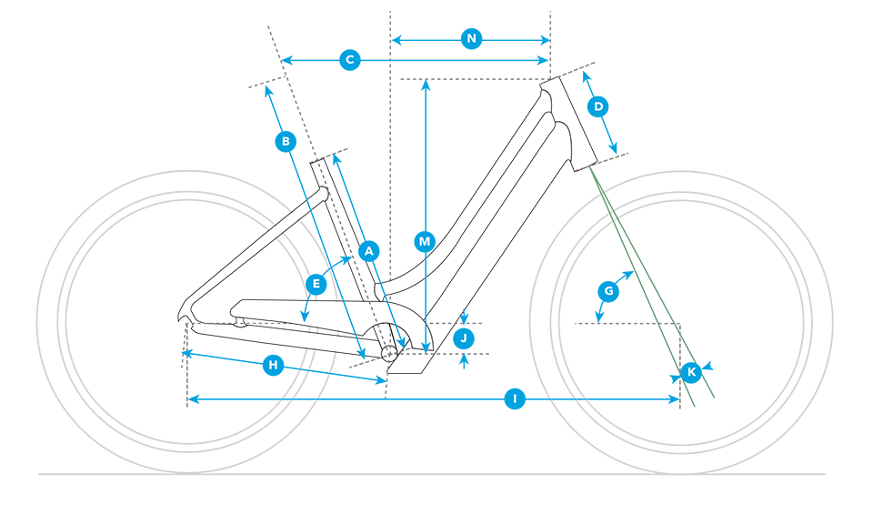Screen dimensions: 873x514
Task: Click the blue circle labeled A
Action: tap(368, 251)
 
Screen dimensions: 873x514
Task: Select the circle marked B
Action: tap(286, 141)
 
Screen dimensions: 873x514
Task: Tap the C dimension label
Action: tap(349, 59)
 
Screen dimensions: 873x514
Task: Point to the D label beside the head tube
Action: tap(598, 106)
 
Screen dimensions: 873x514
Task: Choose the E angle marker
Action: tap(316, 285)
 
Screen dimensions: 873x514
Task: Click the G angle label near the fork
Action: tap(608, 291)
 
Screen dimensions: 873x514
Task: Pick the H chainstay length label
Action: tap(273, 366)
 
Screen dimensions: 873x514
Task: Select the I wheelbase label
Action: tap(515, 398)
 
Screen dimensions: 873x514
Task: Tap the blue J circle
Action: tap(464, 338)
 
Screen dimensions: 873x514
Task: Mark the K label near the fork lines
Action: tap(691, 372)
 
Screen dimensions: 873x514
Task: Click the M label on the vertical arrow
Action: tap(425, 242)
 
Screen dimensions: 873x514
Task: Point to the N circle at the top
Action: tap(472, 38)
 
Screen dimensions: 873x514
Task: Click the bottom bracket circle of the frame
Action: tap(388, 353)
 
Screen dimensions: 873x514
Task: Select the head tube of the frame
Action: tap(568, 124)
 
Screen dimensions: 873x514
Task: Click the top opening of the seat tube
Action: tap(317, 162)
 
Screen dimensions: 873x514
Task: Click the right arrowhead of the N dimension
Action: tap(545, 40)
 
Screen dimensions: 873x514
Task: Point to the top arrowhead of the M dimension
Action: tap(426, 85)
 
